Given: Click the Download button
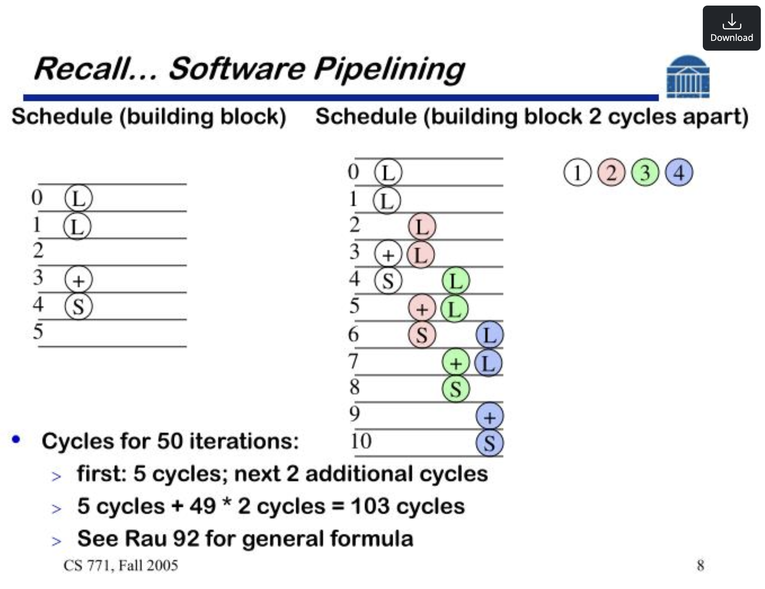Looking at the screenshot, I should (731, 28).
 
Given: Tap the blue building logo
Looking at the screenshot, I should (688, 77).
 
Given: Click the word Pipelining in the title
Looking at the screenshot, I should (389, 70).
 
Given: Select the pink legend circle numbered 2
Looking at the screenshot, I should (611, 173).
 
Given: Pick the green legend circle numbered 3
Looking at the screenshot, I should (645, 173).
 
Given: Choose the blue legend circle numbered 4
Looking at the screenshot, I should (679, 173).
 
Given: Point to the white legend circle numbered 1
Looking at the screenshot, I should (577, 173).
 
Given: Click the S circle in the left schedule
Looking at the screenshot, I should (78, 307).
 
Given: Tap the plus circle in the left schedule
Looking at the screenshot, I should (78, 280).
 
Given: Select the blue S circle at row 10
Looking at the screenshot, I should (489, 443).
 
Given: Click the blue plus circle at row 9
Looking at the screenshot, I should (489, 417).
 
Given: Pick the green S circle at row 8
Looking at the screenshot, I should (455, 389).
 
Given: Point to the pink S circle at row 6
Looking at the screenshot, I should (421, 335).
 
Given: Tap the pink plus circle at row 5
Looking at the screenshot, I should (421, 308).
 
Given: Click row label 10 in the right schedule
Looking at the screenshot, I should (361, 441).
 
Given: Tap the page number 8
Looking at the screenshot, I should (700, 565).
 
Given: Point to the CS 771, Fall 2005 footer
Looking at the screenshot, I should (121, 565).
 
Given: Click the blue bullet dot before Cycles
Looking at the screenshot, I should (16, 439).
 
